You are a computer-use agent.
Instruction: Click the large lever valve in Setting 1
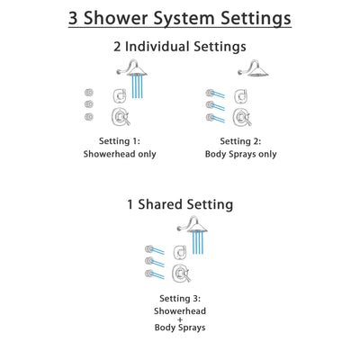pos(118,116)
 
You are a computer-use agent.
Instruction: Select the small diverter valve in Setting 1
pos(118,96)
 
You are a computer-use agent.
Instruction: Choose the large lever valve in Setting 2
pos(239,116)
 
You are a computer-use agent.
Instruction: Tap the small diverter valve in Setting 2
pos(239,96)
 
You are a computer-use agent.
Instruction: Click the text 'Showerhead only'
pos(120,154)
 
